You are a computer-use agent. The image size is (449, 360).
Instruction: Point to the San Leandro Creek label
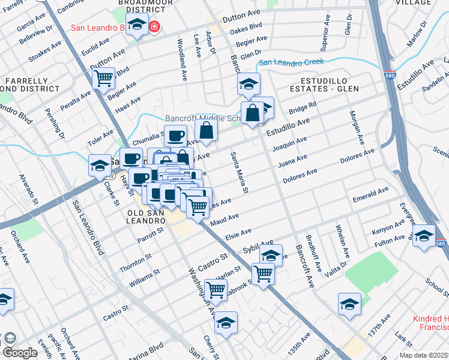tap(291, 62)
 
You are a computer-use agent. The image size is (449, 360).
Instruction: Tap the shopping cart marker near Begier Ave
tap(104, 77)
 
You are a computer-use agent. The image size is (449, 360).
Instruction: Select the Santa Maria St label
tap(240, 173)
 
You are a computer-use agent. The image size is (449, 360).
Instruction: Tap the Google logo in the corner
tap(20, 353)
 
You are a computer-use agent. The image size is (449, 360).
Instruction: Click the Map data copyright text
tap(424, 355)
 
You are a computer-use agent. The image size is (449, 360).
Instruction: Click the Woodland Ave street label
tap(181, 60)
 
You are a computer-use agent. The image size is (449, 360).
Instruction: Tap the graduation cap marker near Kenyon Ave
tap(423, 235)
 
